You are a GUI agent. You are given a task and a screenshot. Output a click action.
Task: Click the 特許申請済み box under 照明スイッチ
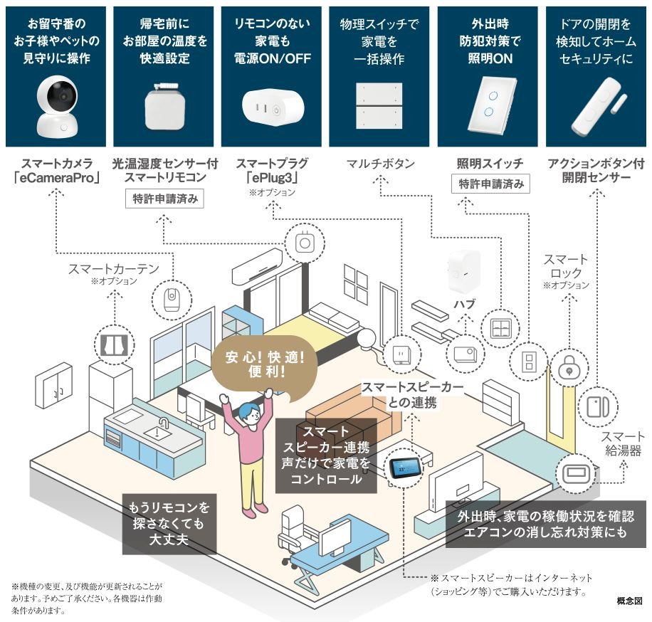click(491, 184)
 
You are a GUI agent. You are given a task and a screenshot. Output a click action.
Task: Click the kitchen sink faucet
click(163, 425)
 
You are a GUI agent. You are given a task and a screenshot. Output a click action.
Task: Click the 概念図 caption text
click(629, 601)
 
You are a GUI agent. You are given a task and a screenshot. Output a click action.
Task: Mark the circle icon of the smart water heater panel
click(574, 473)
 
